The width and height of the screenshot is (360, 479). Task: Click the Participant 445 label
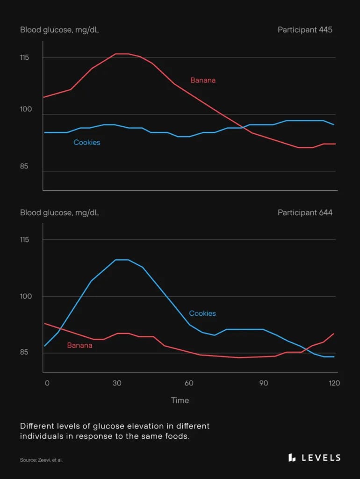[305, 30]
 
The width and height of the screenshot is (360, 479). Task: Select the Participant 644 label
[305, 212]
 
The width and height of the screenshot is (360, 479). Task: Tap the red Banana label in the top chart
[203, 80]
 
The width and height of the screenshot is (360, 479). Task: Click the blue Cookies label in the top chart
[86, 142]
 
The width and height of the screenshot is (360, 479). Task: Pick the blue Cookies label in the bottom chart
[202, 313]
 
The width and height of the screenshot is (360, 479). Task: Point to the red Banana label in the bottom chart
[79, 346]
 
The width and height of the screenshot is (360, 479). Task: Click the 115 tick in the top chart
[25, 58]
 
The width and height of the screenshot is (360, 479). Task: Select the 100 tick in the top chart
[25, 109]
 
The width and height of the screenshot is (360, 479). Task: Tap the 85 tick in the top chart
[25, 166]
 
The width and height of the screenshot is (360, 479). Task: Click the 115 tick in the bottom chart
[25, 239]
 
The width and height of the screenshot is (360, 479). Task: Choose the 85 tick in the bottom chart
[25, 352]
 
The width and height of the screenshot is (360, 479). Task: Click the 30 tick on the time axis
[117, 383]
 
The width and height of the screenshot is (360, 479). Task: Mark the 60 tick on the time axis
[189, 383]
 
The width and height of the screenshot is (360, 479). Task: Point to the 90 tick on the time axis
[263, 383]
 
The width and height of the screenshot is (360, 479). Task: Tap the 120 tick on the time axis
[334, 383]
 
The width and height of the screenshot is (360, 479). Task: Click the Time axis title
[180, 400]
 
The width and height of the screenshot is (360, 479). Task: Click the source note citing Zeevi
[41, 460]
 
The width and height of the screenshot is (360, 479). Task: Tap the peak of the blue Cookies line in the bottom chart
[122, 260]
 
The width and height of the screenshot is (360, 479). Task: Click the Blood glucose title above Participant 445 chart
[59, 30]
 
